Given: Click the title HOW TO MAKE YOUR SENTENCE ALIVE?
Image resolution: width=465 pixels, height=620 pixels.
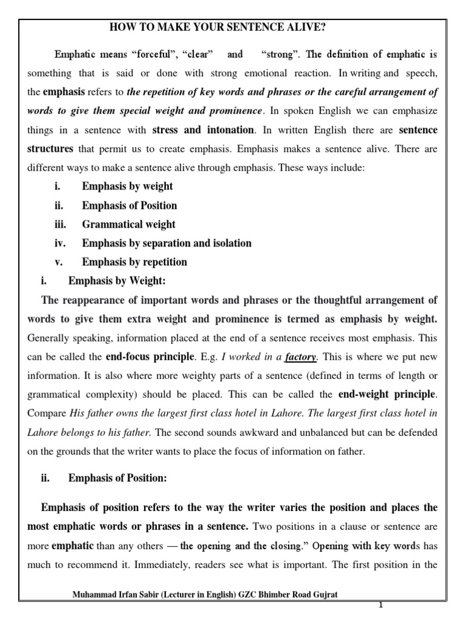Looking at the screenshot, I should coord(221,27).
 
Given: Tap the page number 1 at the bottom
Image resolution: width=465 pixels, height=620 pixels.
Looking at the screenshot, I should coord(381,605).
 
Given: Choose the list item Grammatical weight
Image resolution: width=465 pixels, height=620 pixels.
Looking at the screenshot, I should coord(128,224).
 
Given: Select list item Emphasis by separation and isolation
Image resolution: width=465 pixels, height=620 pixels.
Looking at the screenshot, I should coord(167,243).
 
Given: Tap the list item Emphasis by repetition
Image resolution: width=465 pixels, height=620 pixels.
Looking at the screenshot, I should coord(134,262).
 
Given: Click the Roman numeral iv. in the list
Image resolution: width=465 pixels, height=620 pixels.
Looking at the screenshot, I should coord(60,243).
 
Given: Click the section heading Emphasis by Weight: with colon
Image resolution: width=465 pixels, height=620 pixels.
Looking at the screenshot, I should coord(117,281).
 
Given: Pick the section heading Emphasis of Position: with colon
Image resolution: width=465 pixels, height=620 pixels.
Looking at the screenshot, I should coord(117,478).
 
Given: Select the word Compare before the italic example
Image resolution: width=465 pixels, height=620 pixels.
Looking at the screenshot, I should coord(46,414).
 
